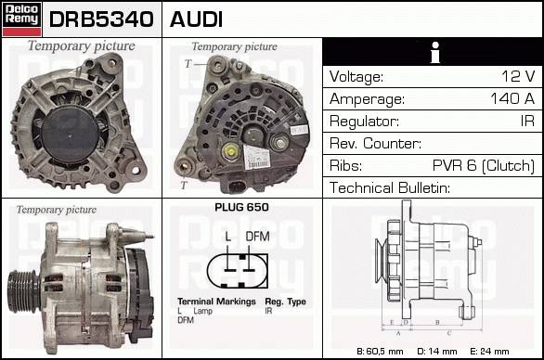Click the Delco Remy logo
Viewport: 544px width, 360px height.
(22, 19)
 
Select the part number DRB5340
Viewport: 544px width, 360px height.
(101, 19)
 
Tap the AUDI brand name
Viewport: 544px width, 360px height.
(196, 19)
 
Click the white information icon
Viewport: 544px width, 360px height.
(435, 52)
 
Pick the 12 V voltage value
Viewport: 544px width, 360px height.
(518, 76)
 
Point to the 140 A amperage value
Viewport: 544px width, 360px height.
(512, 98)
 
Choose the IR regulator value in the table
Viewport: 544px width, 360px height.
(527, 121)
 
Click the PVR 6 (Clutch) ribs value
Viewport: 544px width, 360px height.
(484, 165)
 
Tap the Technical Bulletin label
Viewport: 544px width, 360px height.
(390, 188)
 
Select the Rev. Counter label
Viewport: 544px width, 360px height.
(375, 143)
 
